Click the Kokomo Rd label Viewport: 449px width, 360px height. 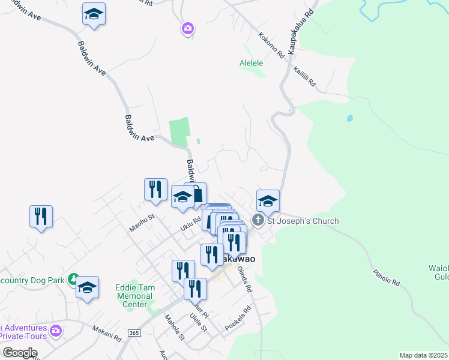point(272,45)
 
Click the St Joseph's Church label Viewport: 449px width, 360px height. point(303,221)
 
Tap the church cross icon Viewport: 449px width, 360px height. point(258,220)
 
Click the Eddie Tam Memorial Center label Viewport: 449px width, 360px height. point(134,296)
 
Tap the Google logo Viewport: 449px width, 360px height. point(20,353)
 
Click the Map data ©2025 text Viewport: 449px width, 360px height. point(423,355)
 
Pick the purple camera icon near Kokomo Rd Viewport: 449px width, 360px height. point(188,28)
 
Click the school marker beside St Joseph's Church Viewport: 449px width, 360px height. point(268,201)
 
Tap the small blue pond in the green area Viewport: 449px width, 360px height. point(349,118)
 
